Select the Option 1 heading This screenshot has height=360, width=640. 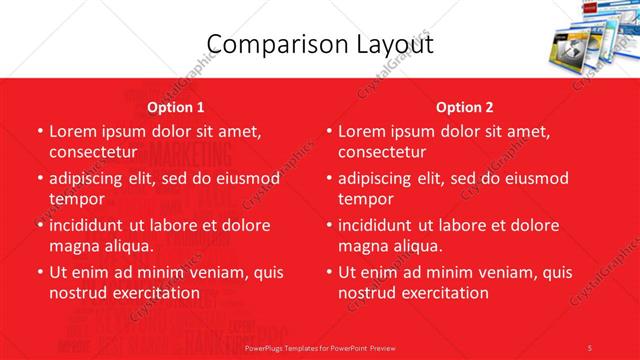point(175,107)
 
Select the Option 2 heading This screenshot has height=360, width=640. point(465,107)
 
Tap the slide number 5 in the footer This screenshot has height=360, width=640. point(590,347)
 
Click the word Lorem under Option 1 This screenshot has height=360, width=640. point(74,131)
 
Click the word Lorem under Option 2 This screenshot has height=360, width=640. point(363,131)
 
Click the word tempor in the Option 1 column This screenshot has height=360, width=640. point(75,199)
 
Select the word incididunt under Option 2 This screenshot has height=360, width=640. point(382,225)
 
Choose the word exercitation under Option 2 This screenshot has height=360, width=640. point(443,293)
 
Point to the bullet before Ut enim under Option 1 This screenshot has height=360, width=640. point(39,272)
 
